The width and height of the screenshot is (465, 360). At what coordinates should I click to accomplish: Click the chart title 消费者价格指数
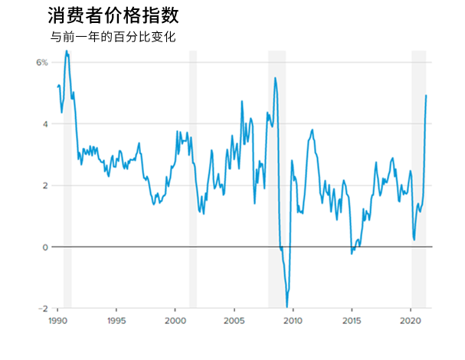click(x=113, y=16)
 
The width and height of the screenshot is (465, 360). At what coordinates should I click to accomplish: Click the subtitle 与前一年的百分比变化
click(x=113, y=37)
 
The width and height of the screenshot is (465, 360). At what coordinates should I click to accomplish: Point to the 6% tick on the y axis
click(x=41, y=62)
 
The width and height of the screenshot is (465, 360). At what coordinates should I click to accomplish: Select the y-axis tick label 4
click(x=44, y=124)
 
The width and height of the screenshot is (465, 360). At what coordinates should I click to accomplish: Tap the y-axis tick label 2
click(x=44, y=185)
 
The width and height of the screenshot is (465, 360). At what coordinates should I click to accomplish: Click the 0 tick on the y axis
click(x=44, y=247)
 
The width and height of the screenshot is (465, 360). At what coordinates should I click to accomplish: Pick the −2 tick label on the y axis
click(x=42, y=309)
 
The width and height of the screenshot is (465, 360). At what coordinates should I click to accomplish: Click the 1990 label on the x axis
click(x=57, y=321)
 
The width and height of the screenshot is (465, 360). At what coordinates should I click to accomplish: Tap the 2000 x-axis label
click(x=175, y=321)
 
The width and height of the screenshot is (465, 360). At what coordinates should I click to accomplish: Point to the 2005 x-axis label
click(x=234, y=321)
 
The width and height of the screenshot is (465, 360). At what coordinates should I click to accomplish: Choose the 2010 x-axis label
click(x=293, y=321)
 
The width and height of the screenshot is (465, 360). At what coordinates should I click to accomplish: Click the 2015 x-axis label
click(x=352, y=321)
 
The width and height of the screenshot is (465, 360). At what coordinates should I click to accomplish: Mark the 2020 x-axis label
click(x=411, y=321)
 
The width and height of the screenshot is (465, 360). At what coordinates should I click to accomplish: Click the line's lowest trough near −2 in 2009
click(x=287, y=307)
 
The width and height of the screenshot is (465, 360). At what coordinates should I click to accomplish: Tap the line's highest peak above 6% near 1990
click(x=67, y=51)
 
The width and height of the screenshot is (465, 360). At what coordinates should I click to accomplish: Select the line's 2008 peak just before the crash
click(x=275, y=78)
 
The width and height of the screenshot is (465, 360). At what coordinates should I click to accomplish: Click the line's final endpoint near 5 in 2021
click(x=426, y=95)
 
